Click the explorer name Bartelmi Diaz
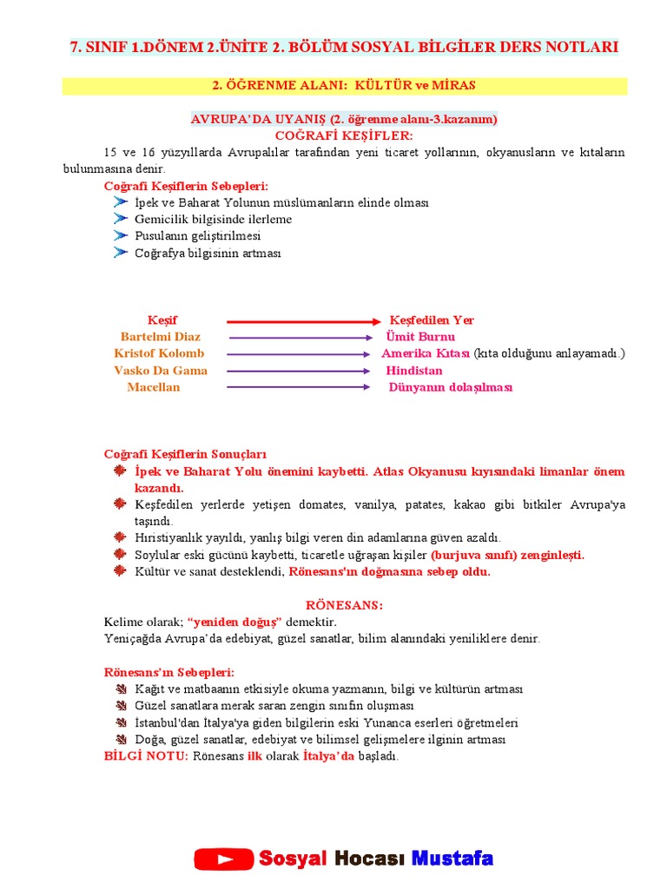(161, 337)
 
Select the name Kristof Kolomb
(159, 353)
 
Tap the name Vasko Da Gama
(161, 371)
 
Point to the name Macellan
(154, 387)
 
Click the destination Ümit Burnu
(420, 337)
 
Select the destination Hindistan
(414, 371)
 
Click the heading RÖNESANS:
(344, 605)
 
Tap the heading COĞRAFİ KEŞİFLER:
(344, 135)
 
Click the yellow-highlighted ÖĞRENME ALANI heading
(344, 86)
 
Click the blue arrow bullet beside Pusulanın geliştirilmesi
(120, 235)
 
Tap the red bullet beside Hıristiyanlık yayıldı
(120, 537)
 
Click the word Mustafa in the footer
(452, 859)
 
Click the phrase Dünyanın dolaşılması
(451, 387)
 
